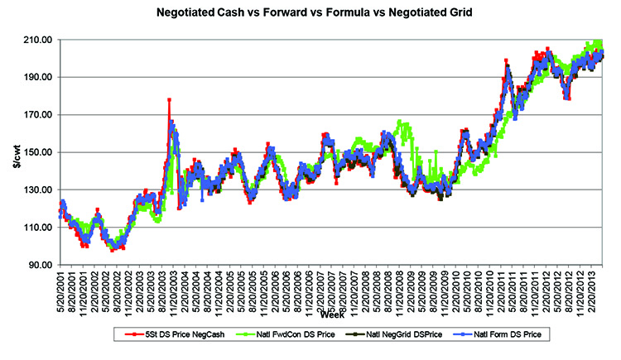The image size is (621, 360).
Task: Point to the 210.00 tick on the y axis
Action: click(42, 40)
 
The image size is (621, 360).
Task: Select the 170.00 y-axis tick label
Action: click(42, 115)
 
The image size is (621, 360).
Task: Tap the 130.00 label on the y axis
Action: click(42, 190)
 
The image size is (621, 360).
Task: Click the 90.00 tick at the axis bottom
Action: click(45, 265)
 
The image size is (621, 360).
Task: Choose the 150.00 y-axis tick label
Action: click(42, 152)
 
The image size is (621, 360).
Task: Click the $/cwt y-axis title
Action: click(14, 152)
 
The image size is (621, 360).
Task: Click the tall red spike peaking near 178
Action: click(169, 101)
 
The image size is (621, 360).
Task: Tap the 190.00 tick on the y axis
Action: click(42, 77)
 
